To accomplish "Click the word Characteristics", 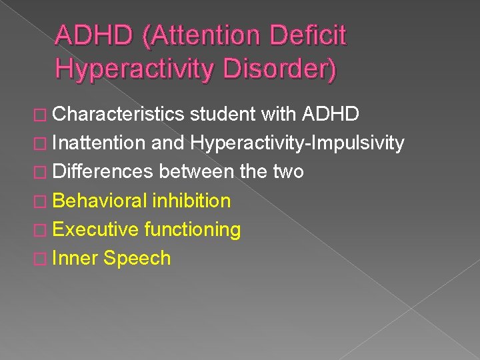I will (x=118, y=114).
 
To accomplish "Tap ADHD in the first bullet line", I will (x=331, y=114).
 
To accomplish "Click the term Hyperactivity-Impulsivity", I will (x=297, y=143).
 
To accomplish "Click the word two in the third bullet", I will (x=288, y=171).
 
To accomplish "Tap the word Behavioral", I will (x=100, y=200).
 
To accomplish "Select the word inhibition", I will (x=192, y=200).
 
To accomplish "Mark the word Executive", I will (x=95, y=229).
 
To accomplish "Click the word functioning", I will (x=192, y=229).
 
